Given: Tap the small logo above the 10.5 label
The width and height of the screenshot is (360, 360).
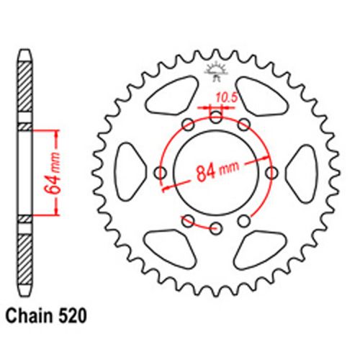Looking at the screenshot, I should pos(215,72).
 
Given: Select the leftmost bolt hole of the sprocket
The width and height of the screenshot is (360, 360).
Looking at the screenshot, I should pos(160,172).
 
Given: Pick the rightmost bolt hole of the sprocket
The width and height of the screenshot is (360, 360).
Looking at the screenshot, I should pos(272,172).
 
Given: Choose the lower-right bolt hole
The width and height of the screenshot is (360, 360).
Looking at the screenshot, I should pos(244,220).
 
